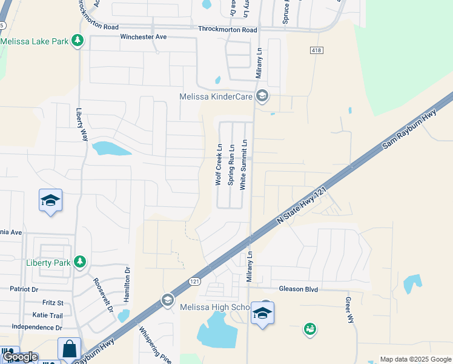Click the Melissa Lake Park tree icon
[77, 41]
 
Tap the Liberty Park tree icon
[79, 262]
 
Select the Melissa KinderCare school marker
[262, 95]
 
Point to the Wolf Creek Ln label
[219, 164]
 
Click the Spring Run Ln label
[231, 169]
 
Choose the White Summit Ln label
[243, 165]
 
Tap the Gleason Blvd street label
[299, 289]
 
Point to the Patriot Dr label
[27, 290]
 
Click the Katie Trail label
[47, 315]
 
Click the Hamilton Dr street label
[127, 285]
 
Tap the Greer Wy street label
[349, 309]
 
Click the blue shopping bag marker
[69, 348]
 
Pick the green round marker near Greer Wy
[310, 329]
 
